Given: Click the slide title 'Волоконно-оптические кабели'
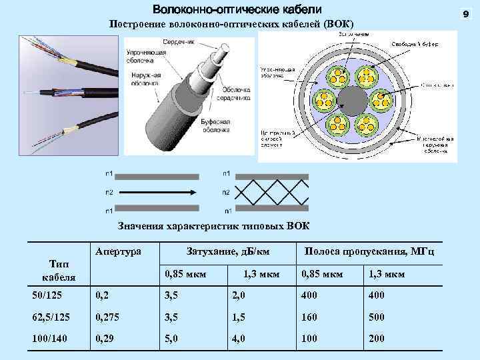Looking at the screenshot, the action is click(237, 10).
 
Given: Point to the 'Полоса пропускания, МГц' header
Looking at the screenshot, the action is click(369, 252).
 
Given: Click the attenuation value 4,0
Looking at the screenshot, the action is click(238, 339).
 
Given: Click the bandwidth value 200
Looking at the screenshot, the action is click(377, 339).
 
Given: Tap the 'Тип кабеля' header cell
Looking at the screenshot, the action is click(59, 270).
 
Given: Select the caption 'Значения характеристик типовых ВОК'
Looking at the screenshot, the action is click(213, 225).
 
